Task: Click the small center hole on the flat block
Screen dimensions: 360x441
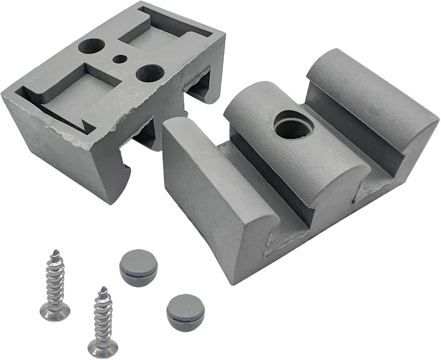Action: pos(120,59)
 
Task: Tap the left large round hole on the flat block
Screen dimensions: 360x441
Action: pos(91,46)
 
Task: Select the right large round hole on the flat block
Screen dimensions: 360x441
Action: pos(150,73)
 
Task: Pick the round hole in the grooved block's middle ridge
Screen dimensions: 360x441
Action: pos(294,125)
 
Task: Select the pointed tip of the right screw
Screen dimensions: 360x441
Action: pos(103,289)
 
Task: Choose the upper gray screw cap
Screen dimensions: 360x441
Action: pos(138,268)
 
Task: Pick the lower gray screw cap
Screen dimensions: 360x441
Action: pos(185,313)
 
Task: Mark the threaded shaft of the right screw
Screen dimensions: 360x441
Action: pos(103,319)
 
